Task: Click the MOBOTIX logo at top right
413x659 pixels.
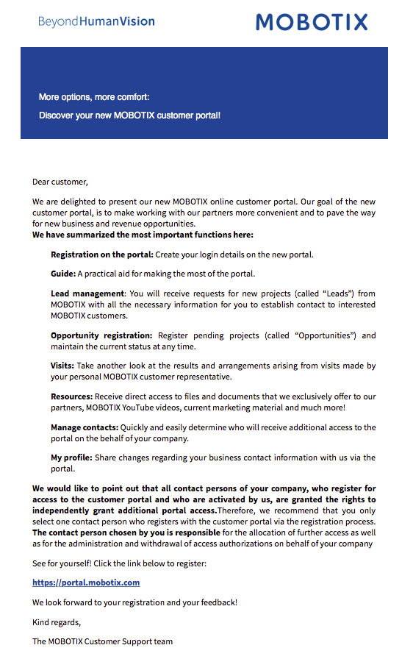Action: (x=312, y=21)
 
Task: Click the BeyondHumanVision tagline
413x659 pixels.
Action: (x=96, y=21)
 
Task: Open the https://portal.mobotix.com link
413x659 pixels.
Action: (x=86, y=583)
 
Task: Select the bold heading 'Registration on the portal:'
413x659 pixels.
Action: (x=102, y=254)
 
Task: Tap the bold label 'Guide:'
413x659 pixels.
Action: (x=63, y=274)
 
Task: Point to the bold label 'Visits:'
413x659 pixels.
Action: (x=62, y=366)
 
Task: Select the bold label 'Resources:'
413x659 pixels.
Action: (x=71, y=396)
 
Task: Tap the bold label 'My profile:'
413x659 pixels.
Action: (x=71, y=457)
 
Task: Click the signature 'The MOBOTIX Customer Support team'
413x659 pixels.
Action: (x=103, y=641)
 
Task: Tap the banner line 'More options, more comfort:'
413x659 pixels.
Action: (x=94, y=97)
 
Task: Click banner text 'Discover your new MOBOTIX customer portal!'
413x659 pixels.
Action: (x=129, y=115)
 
